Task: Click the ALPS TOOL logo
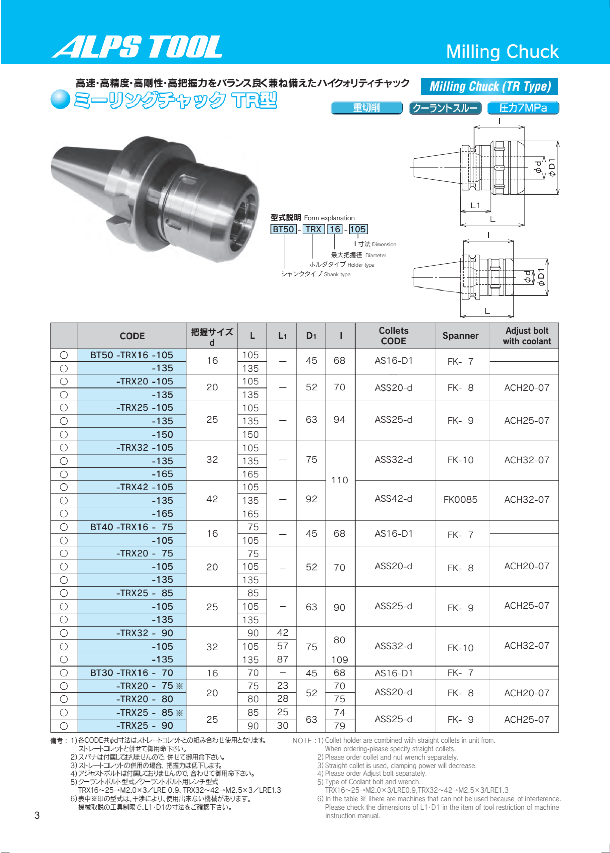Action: tap(137, 47)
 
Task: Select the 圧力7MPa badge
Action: tap(523, 108)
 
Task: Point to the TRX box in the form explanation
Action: tap(313, 229)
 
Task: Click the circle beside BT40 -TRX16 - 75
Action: tap(64, 527)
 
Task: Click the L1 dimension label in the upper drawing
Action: tap(475, 206)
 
